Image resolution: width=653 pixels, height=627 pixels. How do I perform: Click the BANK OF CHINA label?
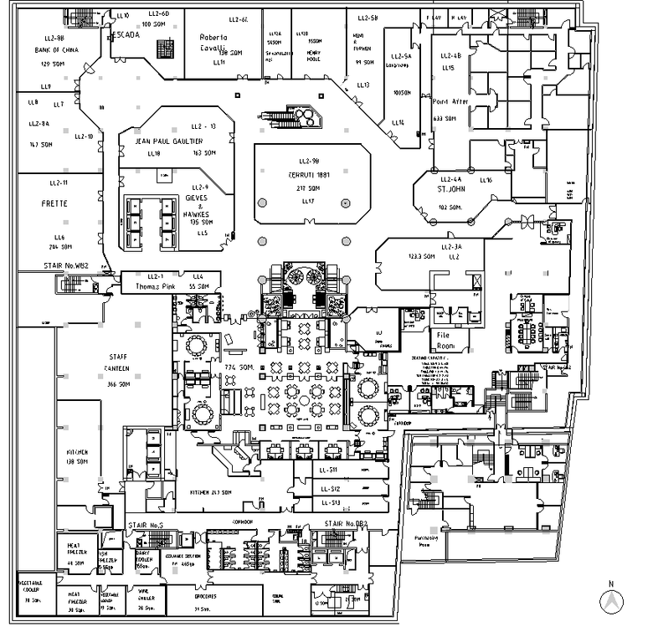[x=57, y=50]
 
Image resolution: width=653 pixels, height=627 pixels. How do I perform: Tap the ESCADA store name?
[x=124, y=34]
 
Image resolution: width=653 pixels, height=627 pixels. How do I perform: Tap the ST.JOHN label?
[x=452, y=189]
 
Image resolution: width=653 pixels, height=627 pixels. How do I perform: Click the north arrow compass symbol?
[x=611, y=599]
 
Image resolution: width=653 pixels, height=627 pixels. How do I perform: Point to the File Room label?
[x=445, y=339]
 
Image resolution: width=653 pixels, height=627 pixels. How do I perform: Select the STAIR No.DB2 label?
[x=346, y=525]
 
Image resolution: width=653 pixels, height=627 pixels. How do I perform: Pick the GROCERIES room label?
[x=205, y=597]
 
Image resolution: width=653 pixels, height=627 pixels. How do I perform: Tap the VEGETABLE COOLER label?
[x=33, y=585]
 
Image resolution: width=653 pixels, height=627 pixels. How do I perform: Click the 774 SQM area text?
[x=239, y=368]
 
